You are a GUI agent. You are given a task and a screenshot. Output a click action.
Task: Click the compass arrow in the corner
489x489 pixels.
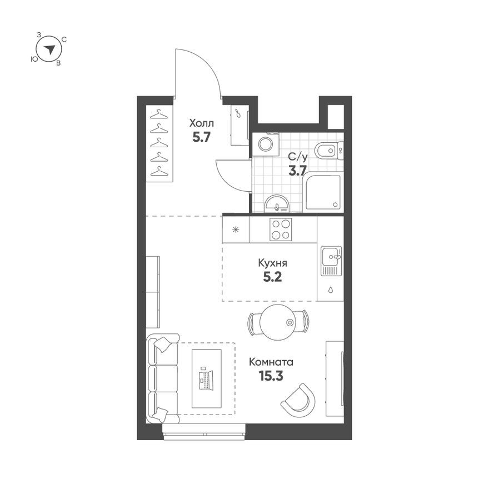point(50,49)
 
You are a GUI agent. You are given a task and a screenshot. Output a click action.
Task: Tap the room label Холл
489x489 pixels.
point(201,123)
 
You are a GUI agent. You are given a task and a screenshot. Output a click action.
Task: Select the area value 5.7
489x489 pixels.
point(201,137)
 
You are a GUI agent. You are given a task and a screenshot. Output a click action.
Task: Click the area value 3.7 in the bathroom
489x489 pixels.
point(297,171)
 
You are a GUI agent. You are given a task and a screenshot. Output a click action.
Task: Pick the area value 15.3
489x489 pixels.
point(271,376)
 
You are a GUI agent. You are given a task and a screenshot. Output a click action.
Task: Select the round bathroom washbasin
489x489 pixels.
point(277,204)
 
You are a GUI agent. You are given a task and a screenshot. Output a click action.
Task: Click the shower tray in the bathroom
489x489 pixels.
point(323,192)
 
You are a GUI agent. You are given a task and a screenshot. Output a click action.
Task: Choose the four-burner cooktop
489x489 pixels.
point(281,229)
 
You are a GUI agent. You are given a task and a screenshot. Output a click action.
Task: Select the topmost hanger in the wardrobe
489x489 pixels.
point(159,114)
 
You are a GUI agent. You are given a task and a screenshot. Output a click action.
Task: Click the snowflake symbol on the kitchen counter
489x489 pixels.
point(236,229)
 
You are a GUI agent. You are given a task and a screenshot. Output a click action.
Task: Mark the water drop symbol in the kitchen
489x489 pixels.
point(331,290)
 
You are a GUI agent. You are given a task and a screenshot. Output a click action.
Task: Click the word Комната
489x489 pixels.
point(272,362)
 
